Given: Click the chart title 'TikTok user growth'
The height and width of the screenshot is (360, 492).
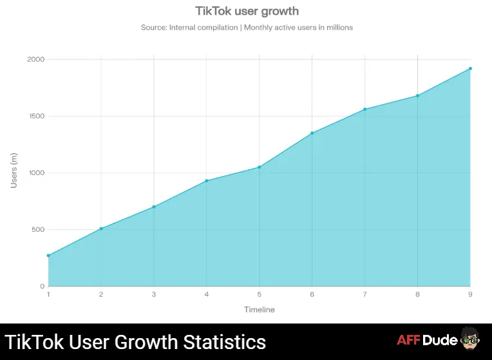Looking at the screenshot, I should tap(247, 11).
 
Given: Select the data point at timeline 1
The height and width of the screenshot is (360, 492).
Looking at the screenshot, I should tap(48, 256).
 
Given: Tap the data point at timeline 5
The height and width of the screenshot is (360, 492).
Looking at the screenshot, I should tap(260, 167).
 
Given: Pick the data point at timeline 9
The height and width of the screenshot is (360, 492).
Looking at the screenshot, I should tap(470, 68).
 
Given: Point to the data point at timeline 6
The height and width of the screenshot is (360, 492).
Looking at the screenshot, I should tap(312, 133).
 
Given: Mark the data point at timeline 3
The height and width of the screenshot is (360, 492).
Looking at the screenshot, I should tap(154, 207).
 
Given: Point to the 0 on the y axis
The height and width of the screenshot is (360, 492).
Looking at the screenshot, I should tap(42, 286).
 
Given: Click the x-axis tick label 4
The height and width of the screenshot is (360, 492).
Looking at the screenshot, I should tap(207, 294).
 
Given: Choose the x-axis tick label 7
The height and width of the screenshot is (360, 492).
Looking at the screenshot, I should tap(364, 294).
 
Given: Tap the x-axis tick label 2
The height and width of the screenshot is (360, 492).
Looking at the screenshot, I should tap(101, 294).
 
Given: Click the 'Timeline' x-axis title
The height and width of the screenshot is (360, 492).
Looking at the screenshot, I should tap(259, 310).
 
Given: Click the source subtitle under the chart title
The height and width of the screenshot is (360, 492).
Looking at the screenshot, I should tap(247, 28).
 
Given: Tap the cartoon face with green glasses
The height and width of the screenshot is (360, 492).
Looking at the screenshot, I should tap(468, 340).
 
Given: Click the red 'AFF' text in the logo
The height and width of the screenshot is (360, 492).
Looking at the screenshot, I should tap(409, 341).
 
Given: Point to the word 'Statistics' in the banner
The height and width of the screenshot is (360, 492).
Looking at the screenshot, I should tap(221, 341).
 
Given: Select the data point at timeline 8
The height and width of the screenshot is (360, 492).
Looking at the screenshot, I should tap(417, 96).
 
